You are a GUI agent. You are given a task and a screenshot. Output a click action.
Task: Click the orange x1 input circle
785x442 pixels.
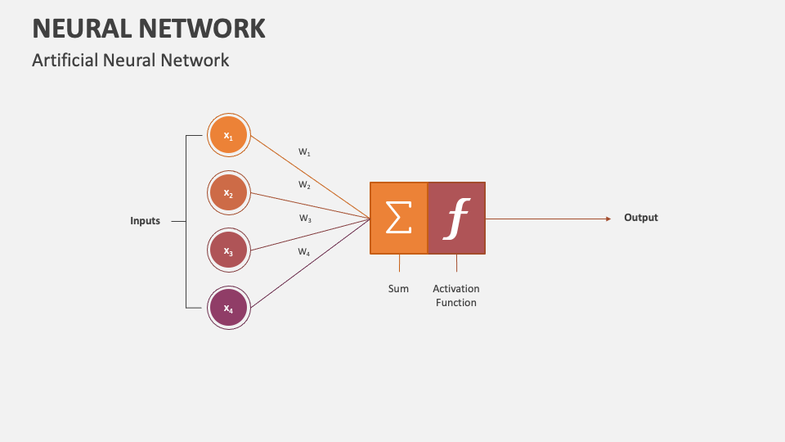(x=228, y=136)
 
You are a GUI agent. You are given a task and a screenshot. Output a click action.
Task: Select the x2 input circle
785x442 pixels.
(x=228, y=193)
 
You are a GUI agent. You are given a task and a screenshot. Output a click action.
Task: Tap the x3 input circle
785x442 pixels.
(x=228, y=250)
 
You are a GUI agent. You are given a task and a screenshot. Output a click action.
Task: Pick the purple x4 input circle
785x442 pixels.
(x=228, y=308)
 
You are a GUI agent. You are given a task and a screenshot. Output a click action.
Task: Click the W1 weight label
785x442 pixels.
(x=304, y=152)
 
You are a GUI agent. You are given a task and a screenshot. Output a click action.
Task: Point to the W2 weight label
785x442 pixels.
(x=304, y=185)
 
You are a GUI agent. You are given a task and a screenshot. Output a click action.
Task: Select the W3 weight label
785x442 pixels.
(x=304, y=219)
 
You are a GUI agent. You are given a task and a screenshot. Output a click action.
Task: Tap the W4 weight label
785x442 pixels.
(x=304, y=252)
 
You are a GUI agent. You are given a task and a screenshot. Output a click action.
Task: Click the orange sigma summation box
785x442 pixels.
(x=398, y=218)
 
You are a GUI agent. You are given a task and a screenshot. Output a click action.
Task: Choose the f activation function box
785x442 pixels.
(x=456, y=218)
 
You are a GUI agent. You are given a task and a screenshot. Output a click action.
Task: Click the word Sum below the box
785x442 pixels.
(x=398, y=289)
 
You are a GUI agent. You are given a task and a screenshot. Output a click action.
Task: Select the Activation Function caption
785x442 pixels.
(x=456, y=295)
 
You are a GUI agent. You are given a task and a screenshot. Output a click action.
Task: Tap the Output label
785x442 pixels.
(x=641, y=218)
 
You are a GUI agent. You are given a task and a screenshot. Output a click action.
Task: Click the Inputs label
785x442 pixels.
(x=145, y=221)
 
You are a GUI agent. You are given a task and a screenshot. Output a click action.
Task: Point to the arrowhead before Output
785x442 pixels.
(x=608, y=219)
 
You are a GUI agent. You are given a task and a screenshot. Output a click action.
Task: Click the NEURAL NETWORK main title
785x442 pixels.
(x=148, y=28)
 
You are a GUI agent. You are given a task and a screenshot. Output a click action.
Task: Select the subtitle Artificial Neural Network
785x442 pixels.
(x=130, y=60)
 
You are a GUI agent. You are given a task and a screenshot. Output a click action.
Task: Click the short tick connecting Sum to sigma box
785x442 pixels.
(x=399, y=263)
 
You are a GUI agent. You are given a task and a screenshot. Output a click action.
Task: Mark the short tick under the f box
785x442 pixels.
(x=456, y=263)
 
